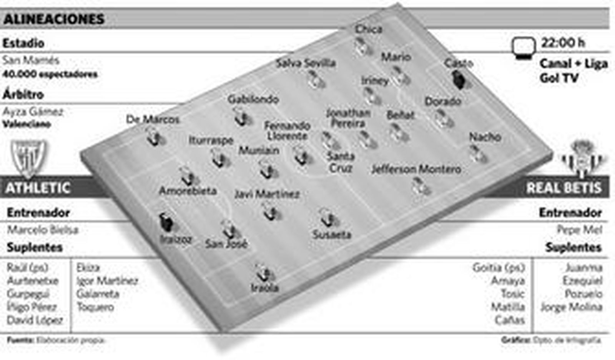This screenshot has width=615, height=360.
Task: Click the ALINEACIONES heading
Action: click(x=54, y=19)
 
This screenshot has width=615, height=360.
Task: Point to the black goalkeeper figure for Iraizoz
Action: click(x=166, y=222)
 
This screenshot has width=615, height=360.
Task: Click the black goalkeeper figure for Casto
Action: click(x=459, y=79)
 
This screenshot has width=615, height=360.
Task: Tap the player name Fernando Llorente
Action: click(x=288, y=131)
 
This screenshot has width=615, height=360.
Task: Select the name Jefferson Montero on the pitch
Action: click(x=416, y=169)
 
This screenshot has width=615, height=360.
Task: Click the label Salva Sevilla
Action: click(x=306, y=63)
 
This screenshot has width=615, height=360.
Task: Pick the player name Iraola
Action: click(x=264, y=288)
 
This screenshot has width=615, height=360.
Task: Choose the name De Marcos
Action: click(x=153, y=120)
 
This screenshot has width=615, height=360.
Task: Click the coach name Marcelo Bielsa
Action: click(x=43, y=230)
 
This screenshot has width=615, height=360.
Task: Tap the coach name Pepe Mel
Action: click(x=580, y=230)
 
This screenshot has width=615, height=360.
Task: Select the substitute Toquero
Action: click(x=95, y=307)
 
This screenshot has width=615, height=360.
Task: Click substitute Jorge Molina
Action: click(x=571, y=307)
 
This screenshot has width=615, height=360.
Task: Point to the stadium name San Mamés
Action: click(x=31, y=60)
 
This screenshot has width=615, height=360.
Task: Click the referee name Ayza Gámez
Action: click(x=33, y=112)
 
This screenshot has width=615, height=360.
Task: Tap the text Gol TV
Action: click(x=558, y=78)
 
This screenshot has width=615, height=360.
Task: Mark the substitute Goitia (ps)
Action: click(x=498, y=267)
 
